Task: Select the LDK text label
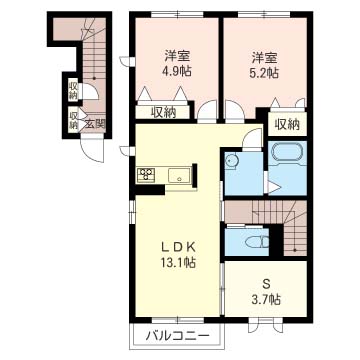[x=171, y=245]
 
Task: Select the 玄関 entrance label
[x=94, y=123]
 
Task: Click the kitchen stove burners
[x=146, y=175]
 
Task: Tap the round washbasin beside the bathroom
[x=232, y=159]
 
